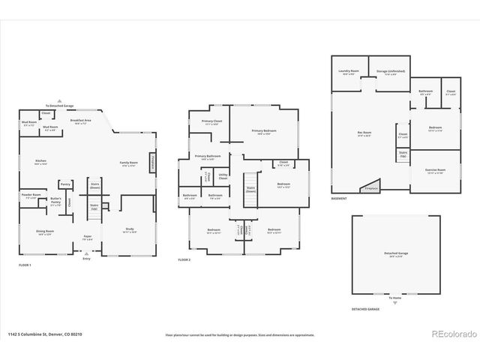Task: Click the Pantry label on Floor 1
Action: tap(65, 184)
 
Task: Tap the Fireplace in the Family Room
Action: tap(152, 161)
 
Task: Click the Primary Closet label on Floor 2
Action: tap(212, 122)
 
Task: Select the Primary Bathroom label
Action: tap(205, 157)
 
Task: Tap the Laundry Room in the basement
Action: tap(349, 72)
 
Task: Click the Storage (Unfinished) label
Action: tap(390, 72)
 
